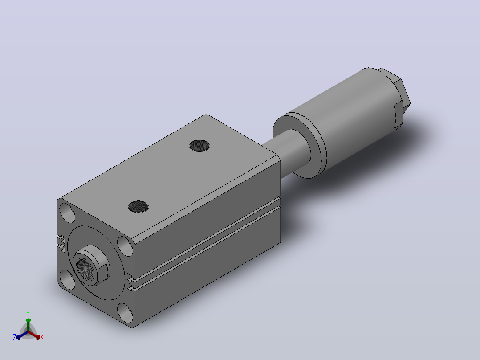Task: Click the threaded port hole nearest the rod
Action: [x=199, y=146]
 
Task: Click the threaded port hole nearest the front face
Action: [x=138, y=206]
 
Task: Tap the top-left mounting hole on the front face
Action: [x=67, y=213]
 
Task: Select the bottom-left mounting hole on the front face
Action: [x=67, y=279]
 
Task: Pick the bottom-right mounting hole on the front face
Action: [x=125, y=313]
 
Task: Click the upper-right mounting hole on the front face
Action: [x=125, y=246]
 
